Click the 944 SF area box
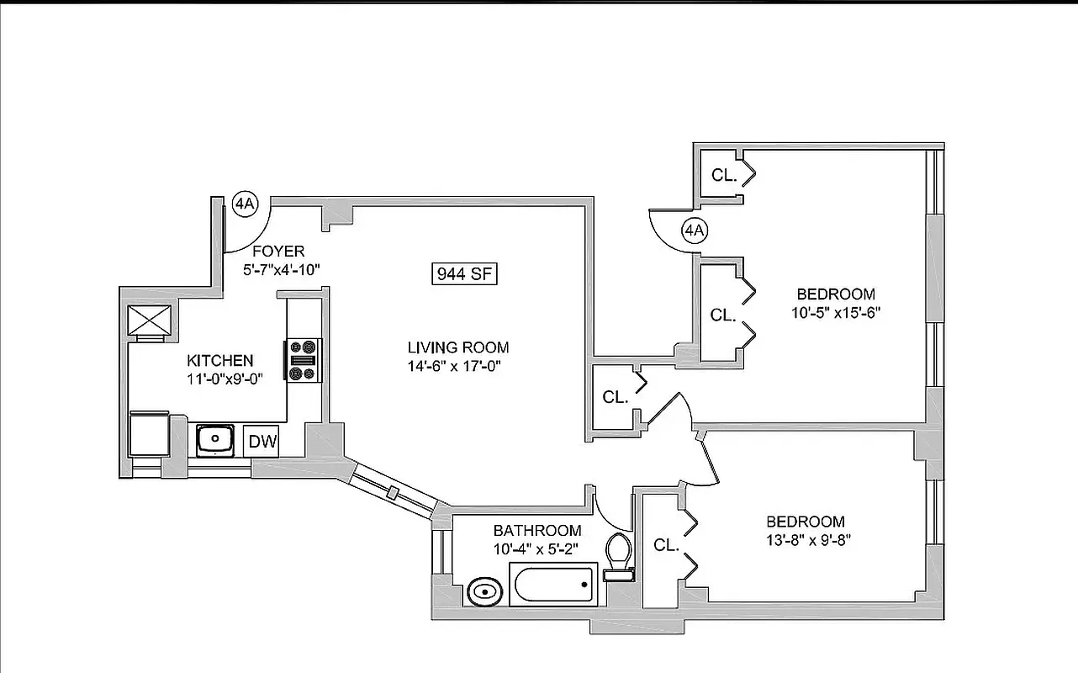[x=464, y=273]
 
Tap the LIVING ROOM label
[x=458, y=347]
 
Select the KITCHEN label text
[x=219, y=361]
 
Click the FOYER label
[x=278, y=252]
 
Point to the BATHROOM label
[x=536, y=531]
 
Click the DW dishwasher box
[x=262, y=442]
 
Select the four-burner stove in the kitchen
[x=304, y=360]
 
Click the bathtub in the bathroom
[x=552, y=583]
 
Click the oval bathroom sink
[x=483, y=591]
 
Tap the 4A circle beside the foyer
[x=246, y=204]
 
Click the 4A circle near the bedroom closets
[x=694, y=230]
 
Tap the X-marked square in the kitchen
[x=149, y=320]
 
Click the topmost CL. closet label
[x=723, y=176]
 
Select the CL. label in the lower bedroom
[x=666, y=545]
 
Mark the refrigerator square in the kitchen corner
[x=149, y=435]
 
